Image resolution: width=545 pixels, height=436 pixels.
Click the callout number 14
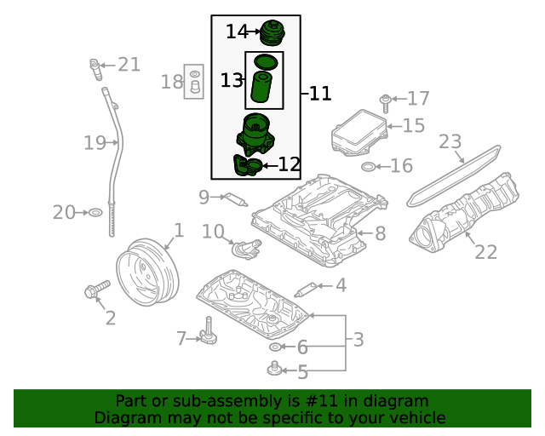tap(236, 32)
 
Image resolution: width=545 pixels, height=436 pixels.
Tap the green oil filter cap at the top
tap(272, 33)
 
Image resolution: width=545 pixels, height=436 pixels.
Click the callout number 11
tap(320, 94)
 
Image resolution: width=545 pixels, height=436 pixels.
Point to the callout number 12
tap(290, 164)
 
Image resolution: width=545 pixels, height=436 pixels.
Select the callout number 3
tap(359, 340)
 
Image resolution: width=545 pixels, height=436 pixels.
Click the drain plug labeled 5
tap(275, 369)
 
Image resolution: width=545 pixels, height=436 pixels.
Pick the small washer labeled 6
tap(275, 347)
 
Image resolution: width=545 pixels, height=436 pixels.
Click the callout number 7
tap(181, 339)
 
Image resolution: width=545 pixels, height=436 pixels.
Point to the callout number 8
tap(380, 233)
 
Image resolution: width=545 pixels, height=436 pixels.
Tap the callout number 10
tap(212, 231)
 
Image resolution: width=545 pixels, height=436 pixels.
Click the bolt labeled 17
tap(385, 101)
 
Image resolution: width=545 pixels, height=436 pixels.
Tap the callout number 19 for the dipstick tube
tap(95, 143)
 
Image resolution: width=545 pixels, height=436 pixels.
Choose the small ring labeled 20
tap(95, 212)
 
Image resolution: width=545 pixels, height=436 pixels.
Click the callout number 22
tap(485, 251)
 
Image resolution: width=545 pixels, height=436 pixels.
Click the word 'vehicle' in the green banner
tap(416, 417)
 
